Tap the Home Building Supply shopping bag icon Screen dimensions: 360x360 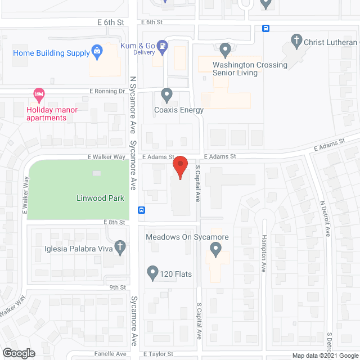point(97,53)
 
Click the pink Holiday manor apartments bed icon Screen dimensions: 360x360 point(38,93)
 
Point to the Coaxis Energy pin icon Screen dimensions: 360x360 point(166,94)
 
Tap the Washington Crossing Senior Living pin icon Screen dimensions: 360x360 point(226,49)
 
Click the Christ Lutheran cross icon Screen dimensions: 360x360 point(296,40)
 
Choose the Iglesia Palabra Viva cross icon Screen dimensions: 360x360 point(119,246)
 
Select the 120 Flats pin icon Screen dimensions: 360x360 point(152,273)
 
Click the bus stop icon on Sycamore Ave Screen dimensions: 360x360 point(141,210)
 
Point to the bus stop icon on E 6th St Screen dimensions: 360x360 point(266,28)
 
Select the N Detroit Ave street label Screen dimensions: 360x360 point(323,219)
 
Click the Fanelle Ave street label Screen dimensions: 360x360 point(114,354)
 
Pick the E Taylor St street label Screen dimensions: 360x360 point(158,354)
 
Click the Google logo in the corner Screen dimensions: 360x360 point(18,353)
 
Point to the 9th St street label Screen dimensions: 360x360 point(117,287)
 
